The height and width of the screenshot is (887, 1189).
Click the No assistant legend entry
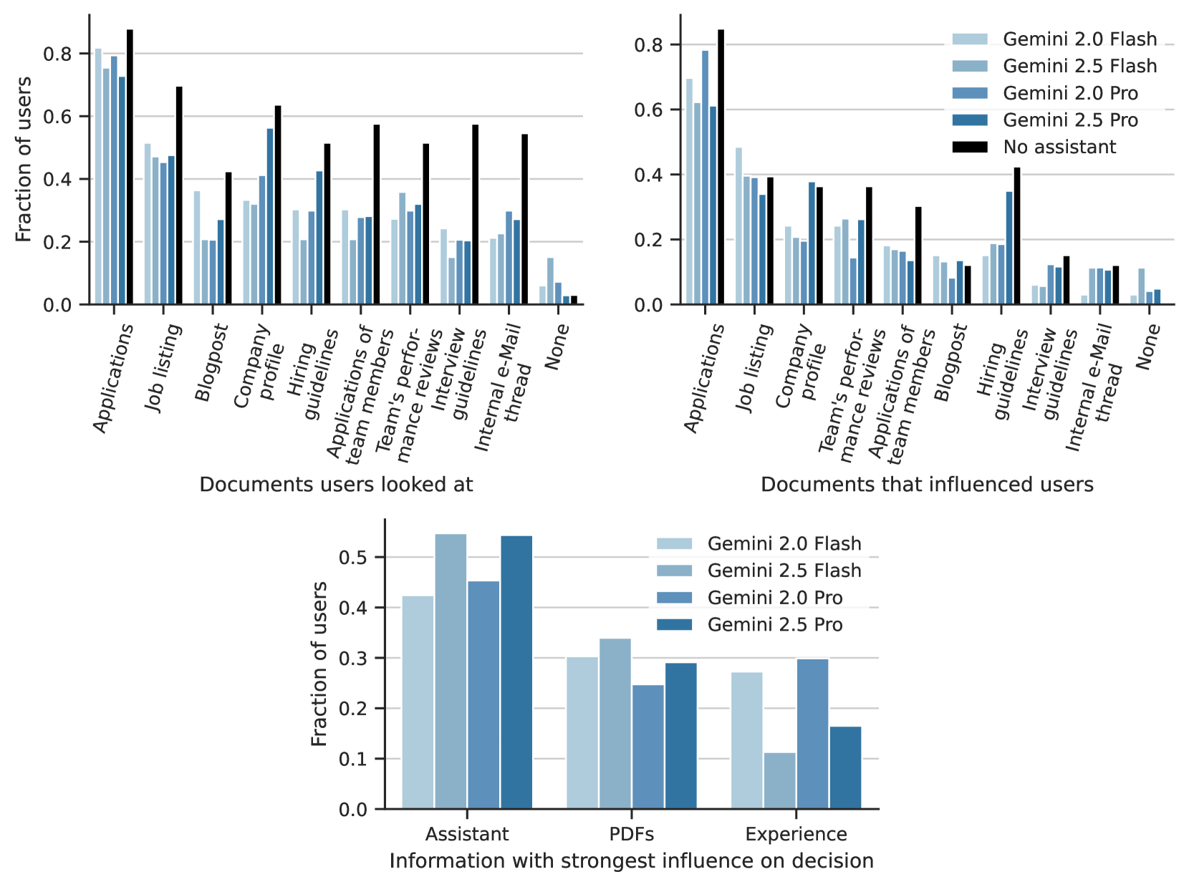coord(1059,147)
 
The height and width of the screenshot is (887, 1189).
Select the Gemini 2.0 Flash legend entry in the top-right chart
coord(1079,39)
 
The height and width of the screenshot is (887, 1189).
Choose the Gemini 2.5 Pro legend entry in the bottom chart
coord(774,625)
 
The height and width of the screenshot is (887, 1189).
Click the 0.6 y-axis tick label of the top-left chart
coord(57,117)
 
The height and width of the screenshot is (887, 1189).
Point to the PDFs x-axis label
coord(631,834)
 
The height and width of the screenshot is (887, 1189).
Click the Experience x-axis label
coord(796,834)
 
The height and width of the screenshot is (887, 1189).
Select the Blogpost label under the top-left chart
coord(211,362)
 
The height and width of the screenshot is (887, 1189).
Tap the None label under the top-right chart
coord(1147,346)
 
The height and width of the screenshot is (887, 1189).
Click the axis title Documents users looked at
coord(336,485)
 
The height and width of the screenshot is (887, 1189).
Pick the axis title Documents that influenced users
coord(927,485)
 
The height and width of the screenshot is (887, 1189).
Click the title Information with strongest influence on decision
coord(631,861)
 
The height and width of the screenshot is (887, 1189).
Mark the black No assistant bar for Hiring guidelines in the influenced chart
coord(1016,236)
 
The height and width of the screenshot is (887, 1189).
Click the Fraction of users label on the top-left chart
coord(24,159)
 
